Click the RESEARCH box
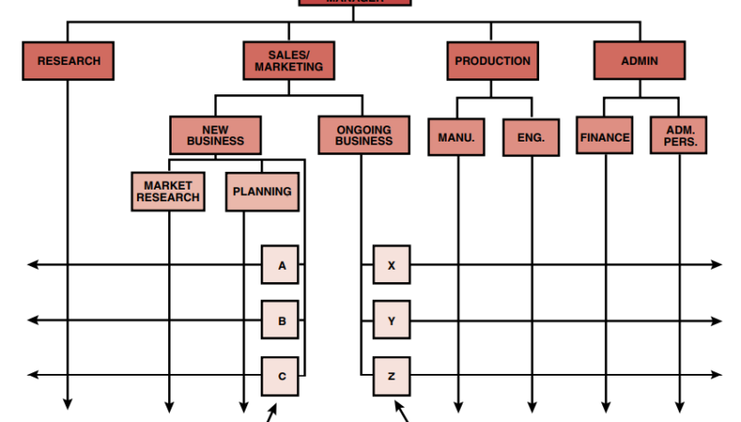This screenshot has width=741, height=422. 68,61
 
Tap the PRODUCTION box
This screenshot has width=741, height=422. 492,61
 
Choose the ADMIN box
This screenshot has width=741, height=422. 640,61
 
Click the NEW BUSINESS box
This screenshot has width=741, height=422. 215,135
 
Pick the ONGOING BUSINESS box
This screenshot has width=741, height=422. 364,135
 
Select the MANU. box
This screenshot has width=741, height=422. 456,138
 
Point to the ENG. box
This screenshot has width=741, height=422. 531,138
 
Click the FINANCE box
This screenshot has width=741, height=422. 605,138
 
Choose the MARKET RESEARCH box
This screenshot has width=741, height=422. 168,191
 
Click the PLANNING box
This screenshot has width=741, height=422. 262,191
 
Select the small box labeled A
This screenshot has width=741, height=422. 280,265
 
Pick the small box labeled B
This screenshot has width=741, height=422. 280,321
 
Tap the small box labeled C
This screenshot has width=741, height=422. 280,376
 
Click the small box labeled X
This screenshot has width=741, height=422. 391,265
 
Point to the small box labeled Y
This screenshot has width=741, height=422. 391,321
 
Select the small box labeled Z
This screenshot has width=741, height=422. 391,376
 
